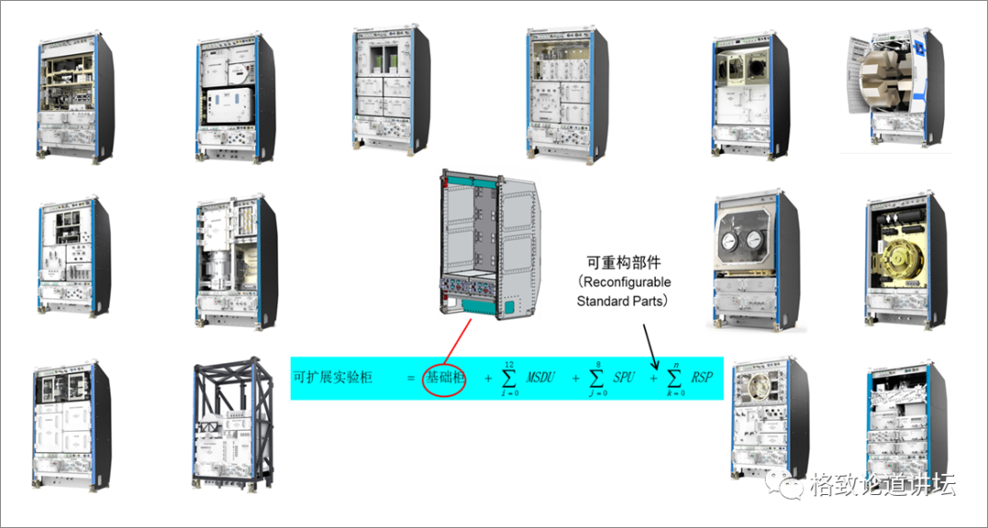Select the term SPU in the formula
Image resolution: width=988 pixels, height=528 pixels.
(624, 377)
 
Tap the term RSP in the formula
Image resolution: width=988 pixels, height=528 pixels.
(702, 377)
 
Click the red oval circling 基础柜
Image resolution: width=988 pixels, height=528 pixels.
(445, 378)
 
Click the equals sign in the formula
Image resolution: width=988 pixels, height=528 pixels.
(410, 377)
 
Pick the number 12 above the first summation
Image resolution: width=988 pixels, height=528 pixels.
(509, 363)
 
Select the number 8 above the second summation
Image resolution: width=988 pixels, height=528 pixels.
(598, 363)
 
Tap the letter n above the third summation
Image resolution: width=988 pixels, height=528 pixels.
(675, 363)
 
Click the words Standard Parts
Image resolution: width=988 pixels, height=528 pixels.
(623, 300)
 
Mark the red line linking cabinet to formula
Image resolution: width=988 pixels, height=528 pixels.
(458, 339)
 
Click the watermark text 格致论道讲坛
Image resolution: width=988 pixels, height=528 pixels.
(883, 485)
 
